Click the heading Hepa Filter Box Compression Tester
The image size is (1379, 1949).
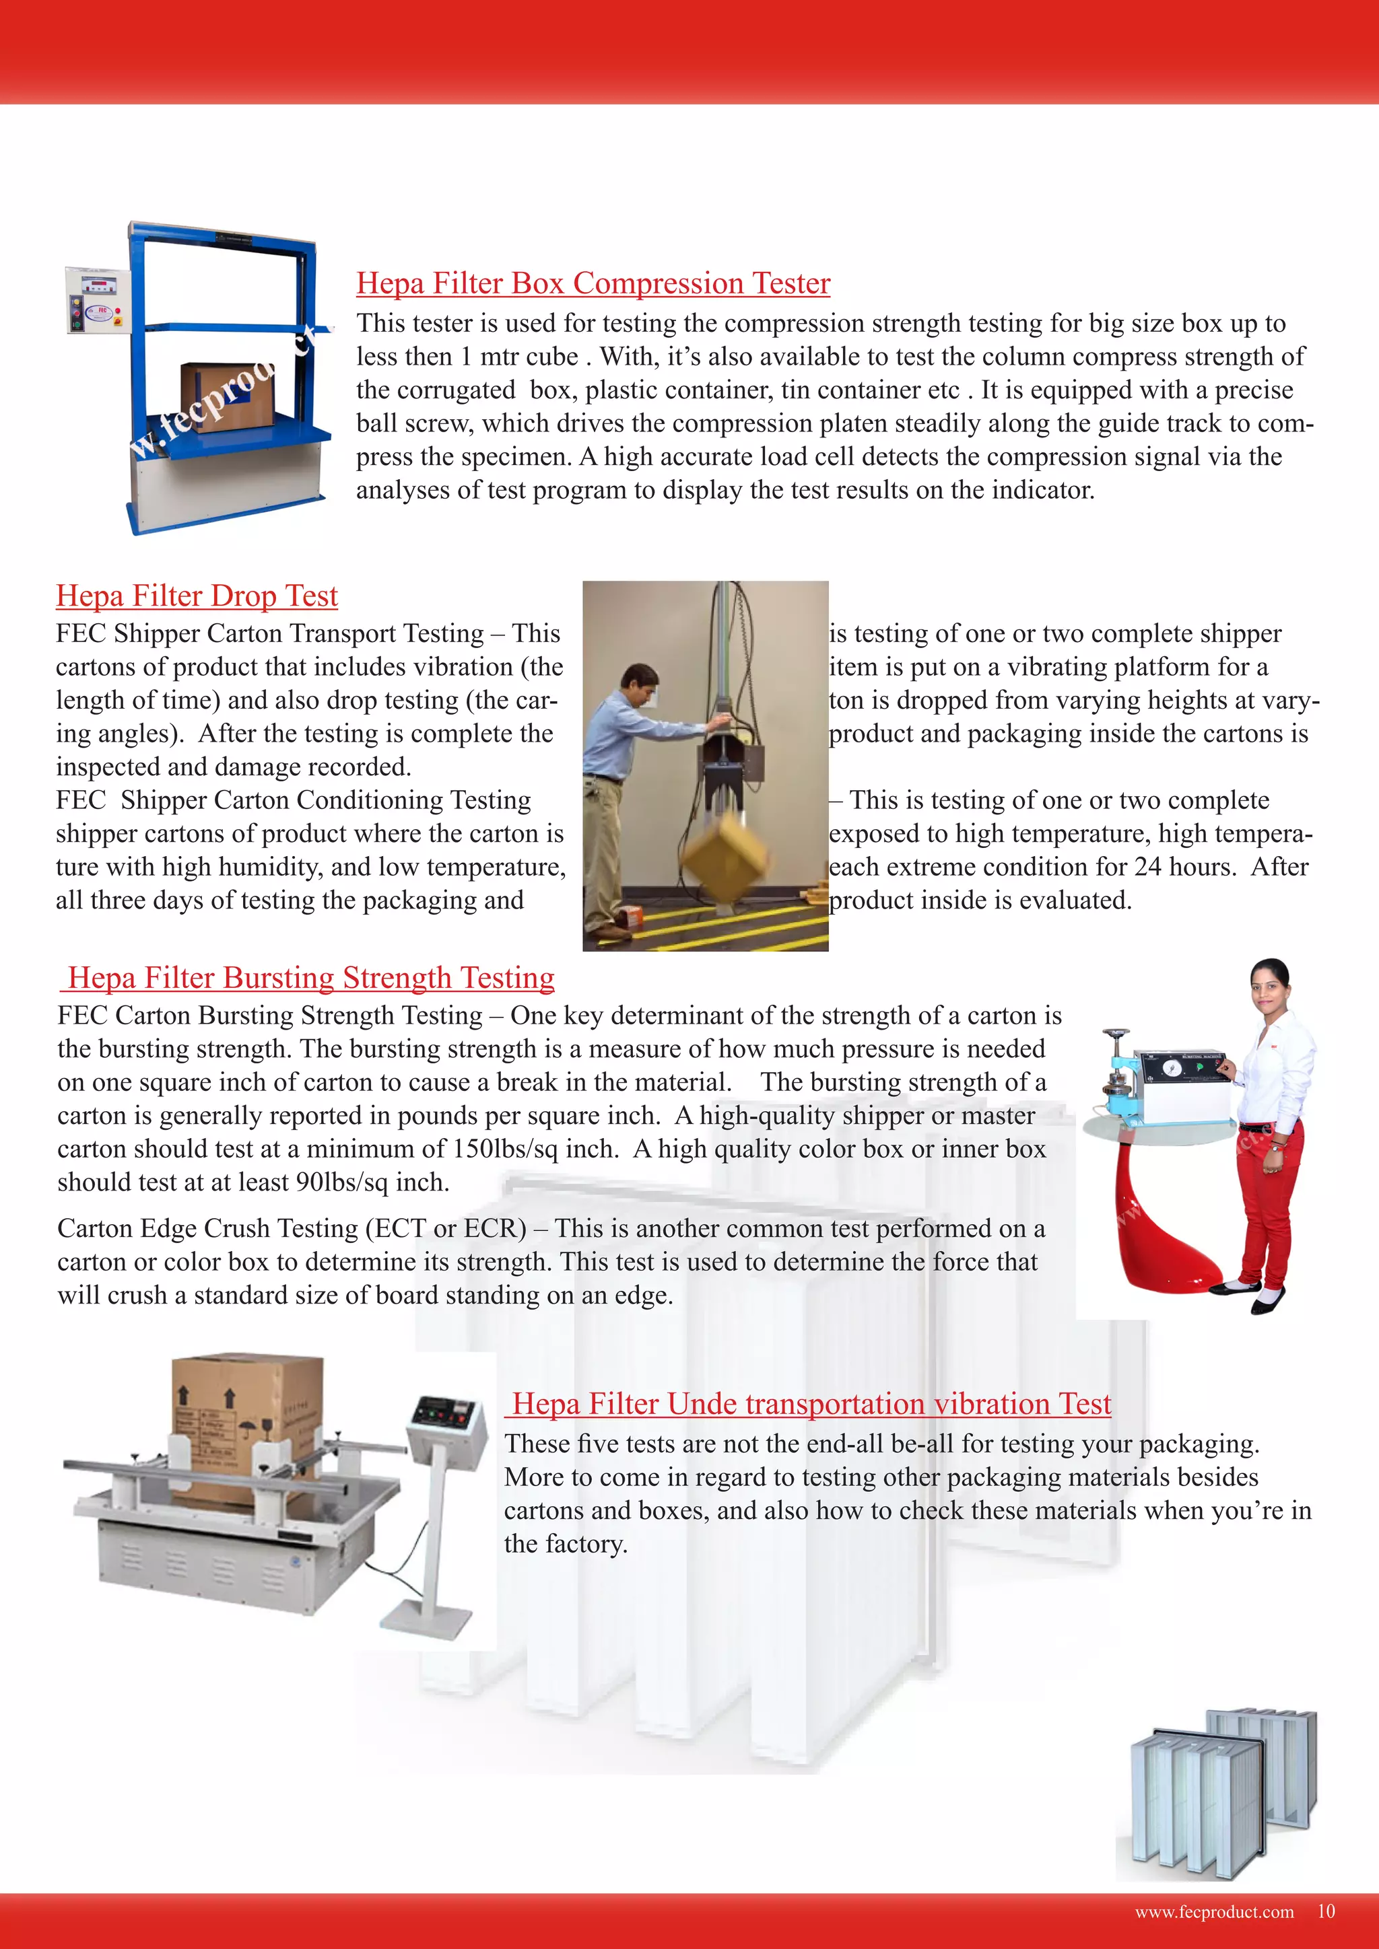coord(593,283)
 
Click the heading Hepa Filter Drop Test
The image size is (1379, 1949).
coord(197,596)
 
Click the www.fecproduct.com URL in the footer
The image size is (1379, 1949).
coord(1214,1912)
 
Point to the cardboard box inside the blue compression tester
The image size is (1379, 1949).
coord(222,396)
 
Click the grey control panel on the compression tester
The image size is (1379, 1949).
coord(98,299)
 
